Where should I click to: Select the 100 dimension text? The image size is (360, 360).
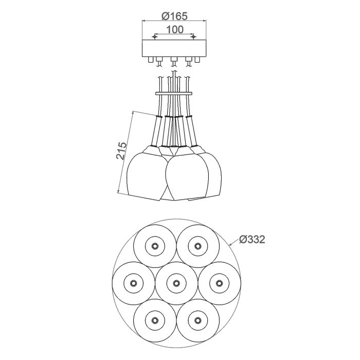175,30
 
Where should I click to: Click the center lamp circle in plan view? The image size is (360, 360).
176,283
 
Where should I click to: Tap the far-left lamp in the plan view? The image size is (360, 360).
133,283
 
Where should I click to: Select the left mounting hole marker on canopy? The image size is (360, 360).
155,37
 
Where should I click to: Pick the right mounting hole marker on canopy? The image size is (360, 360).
194,37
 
